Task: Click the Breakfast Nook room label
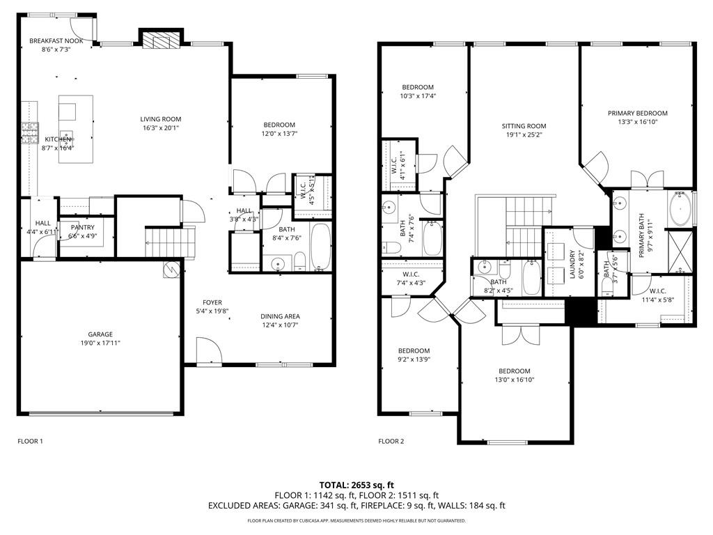point(56,41)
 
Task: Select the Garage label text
point(100,334)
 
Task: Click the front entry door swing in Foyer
point(208,350)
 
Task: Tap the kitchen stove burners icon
point(30,132)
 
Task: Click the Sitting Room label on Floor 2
point(524,126)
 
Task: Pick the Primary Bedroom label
point(637,113)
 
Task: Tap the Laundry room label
point(573,265)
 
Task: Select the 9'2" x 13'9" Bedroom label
point(414,350)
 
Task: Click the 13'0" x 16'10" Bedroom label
point(514,371)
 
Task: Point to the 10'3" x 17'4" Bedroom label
point(418,87)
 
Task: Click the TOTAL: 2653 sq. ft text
point(356,485)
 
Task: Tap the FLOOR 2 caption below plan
point(391,441)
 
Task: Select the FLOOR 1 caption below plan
point(30,441)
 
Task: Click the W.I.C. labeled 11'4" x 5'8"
point(657,291)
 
